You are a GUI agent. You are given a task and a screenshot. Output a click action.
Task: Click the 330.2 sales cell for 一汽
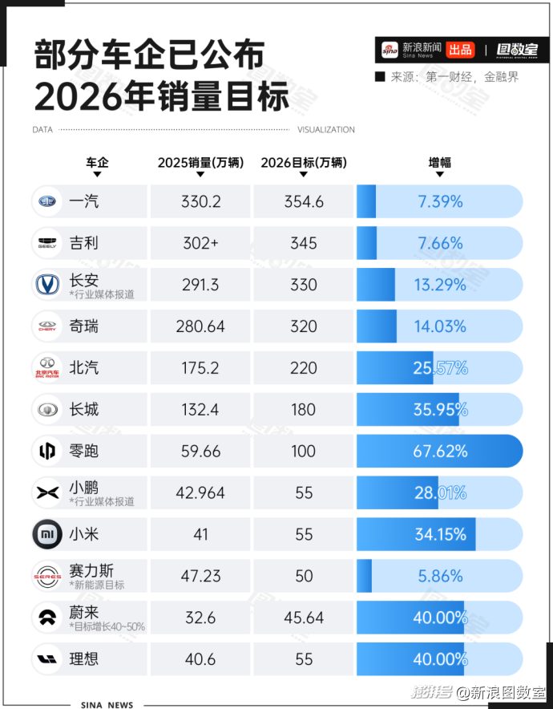(x=200, y=201)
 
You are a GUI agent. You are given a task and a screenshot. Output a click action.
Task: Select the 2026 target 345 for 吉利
(x=304, y=243)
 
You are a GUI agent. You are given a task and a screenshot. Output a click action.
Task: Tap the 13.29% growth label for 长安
(x=440, y=285)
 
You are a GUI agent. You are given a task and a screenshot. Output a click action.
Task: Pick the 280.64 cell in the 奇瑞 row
(x=200, y=326)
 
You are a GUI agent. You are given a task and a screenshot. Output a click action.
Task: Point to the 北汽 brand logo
(x=46, y=368)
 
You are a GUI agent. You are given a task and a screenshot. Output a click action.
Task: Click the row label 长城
(x=84, y=410)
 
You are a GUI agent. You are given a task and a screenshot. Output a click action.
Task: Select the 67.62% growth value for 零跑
(x=440, y=452)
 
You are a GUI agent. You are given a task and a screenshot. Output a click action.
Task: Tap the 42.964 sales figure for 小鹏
(x=200, y=493)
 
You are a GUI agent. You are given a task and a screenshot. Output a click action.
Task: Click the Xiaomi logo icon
(x=46, y=534)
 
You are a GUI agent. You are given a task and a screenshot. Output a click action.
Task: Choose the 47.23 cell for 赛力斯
(x=200, y=576)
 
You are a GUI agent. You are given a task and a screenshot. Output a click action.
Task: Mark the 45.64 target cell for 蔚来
(x=304, y=618)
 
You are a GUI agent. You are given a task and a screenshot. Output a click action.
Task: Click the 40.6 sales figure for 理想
(x=200, y=659)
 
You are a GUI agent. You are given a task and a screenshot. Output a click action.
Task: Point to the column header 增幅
(x=439, y=162)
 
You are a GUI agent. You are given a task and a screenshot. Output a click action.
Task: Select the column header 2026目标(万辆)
(x=304, y=162)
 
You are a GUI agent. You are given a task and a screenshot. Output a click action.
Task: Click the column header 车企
(x=97, y=162)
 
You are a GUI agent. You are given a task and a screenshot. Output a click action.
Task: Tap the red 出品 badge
(x=460, y=50)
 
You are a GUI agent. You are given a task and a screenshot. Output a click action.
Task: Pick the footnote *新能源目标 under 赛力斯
(x=97, y=585)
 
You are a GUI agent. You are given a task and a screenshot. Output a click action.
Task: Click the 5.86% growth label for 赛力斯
(x=440, y=576)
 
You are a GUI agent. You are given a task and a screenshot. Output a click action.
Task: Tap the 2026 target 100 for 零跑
(x=304, y=452)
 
